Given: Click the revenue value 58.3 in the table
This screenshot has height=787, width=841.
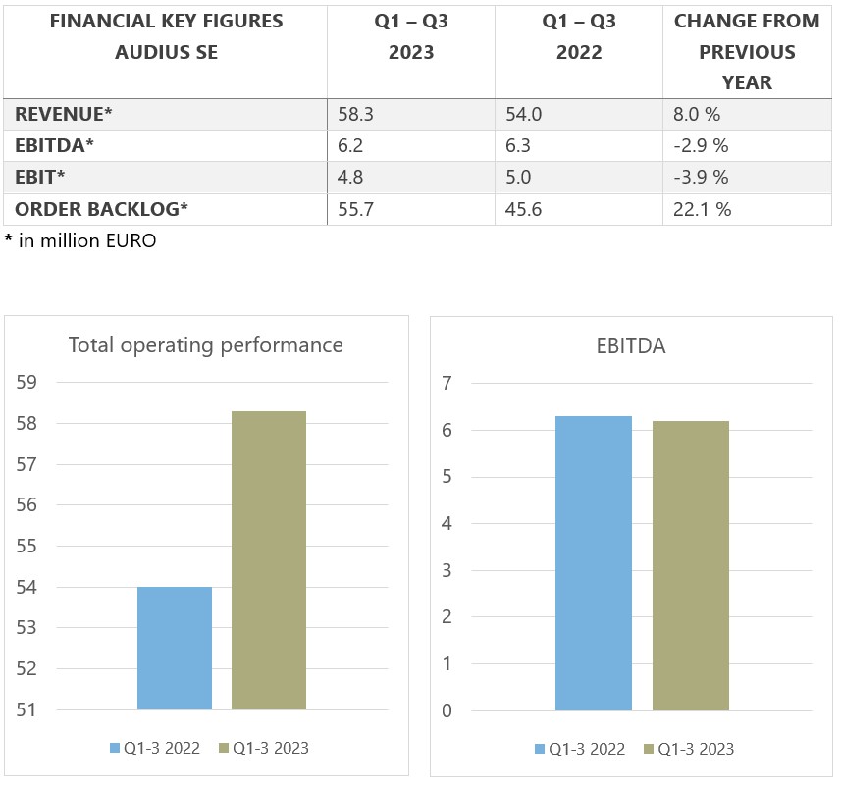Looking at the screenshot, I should coord(354,115).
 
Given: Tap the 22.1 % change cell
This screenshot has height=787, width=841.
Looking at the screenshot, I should coord(703,209).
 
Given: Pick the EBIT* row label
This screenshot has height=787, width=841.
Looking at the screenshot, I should coord(40,178).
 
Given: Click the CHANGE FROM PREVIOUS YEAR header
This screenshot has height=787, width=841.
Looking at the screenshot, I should coord(747,52).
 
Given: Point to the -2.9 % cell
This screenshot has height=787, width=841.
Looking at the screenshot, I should coord(701,146).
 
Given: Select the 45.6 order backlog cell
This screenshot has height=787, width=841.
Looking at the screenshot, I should coord(522,209).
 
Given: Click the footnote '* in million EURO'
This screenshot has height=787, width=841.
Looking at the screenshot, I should coord(80,240).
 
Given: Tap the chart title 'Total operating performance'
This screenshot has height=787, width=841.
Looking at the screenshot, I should coord(205,345).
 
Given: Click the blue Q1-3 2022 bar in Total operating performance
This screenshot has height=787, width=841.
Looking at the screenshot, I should coord(175,648).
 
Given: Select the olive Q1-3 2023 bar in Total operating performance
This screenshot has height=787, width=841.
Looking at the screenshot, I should coord(269,559).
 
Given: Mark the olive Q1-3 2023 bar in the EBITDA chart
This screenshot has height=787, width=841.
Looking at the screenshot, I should coord(691,565).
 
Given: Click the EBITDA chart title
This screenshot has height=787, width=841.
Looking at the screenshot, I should coord(630,345).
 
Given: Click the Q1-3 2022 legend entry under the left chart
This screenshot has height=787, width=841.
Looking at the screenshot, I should coord(155,749).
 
